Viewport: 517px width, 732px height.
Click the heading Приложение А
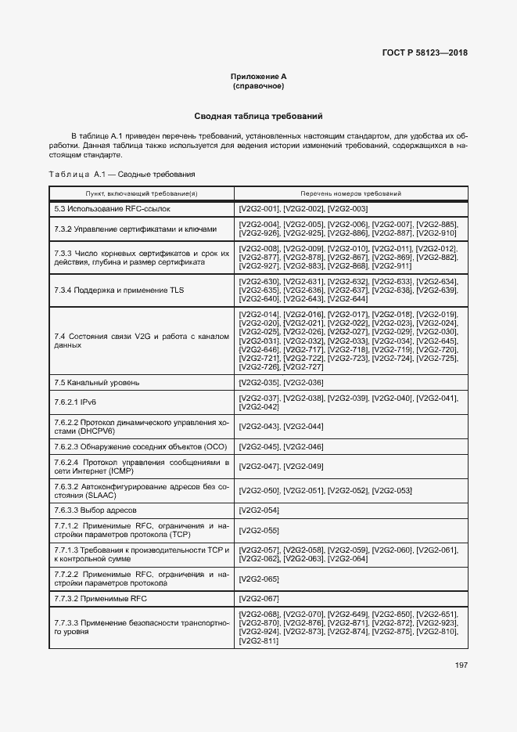258,76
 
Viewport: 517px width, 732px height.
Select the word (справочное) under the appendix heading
258,85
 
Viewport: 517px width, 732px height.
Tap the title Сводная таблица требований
258,116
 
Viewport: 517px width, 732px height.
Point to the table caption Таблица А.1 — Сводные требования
121,174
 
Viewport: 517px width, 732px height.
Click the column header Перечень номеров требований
350,193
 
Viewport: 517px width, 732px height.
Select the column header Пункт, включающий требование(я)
142,193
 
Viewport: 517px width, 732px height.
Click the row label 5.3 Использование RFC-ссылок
111,209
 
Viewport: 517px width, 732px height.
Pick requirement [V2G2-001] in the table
258,209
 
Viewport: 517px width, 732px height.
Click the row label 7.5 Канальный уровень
97,382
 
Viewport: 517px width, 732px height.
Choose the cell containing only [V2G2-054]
258,510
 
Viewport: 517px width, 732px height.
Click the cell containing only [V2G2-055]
258,530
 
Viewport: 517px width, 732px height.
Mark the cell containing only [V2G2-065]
258,579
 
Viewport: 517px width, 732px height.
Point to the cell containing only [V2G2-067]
258,598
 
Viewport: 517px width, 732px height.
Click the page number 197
461,665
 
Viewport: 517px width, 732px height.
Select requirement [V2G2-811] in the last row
258,641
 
